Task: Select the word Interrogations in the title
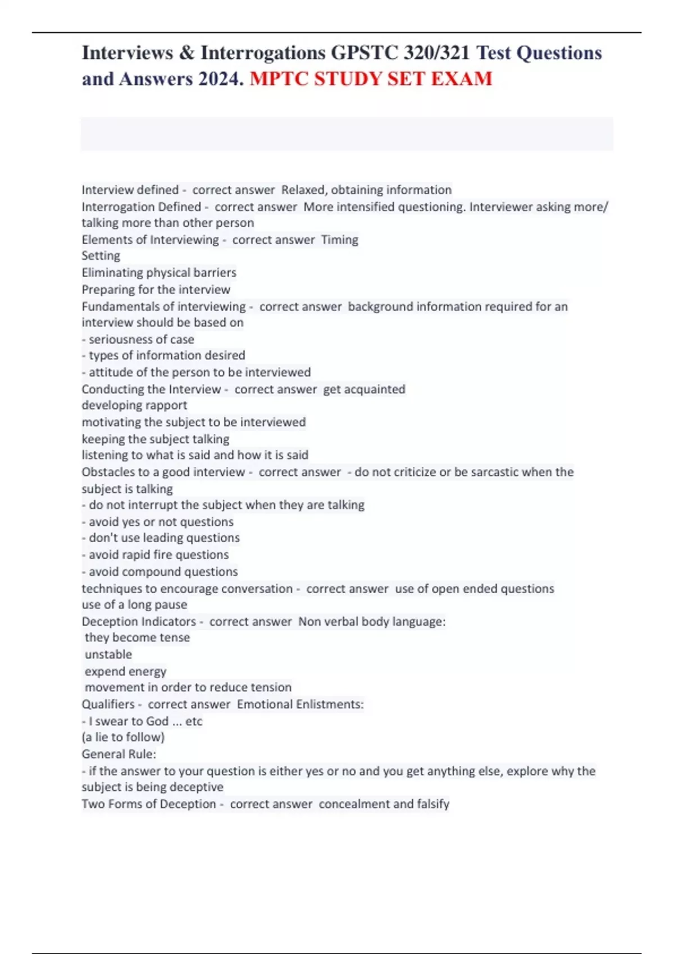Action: [263, 53]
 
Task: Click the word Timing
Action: [339, 240]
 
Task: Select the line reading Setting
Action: [101, 256]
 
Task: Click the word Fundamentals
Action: [120, 307]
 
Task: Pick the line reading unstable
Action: [108, 654]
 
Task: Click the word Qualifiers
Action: [108, 704]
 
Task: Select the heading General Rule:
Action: [119, 754]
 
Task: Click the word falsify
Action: [433, 804]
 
